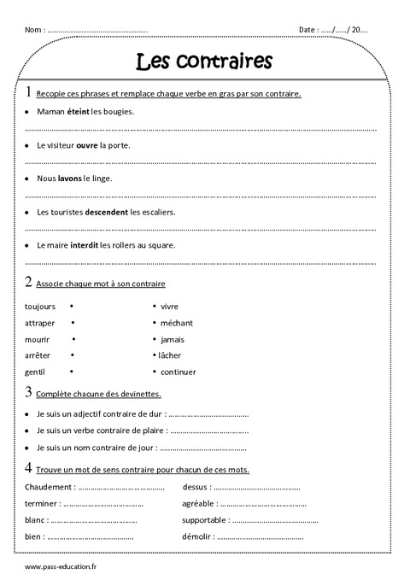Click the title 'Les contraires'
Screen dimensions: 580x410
click(x=205, y=61)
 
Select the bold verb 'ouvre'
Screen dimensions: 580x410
click(x=87, y=145)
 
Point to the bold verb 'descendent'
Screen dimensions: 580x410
click(x=107, y=212)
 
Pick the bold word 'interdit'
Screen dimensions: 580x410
click(x=84, y=245)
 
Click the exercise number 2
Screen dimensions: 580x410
click(x=29, y=281)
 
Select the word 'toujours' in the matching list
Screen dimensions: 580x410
click(x=40, y=306)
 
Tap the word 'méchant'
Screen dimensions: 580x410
click(x=177, y=323)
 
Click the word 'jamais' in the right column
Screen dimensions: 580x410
click(x=173, y=339)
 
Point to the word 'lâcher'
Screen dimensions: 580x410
click(x=172, y=355)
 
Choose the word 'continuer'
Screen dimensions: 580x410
click(x=178, y=372)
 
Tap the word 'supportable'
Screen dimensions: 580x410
click(x=205, y=519)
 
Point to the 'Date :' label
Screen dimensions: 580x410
click(x=308, y=30)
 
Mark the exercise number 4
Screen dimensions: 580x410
click(x=29, y=468)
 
